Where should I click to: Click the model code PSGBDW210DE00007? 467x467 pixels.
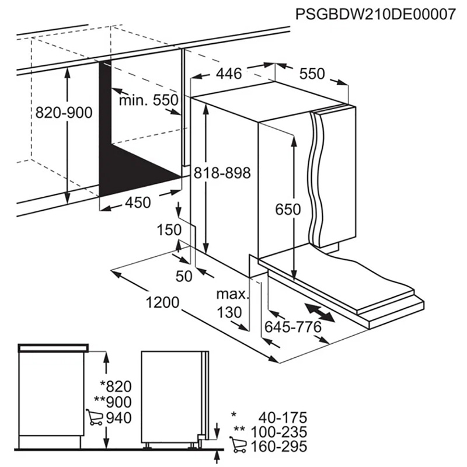[375, 14]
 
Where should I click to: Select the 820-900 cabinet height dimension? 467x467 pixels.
[64, 113]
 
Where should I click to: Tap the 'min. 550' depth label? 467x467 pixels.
[149, 100]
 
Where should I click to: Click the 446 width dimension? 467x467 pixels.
[229, 74]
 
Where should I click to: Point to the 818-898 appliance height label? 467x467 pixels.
[222, 173]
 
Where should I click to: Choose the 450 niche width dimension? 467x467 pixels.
[138, 203]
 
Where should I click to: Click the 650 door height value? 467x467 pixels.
[288, 210]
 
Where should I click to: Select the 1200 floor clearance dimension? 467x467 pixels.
[163, 302]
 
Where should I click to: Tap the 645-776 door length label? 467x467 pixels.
[294, 327]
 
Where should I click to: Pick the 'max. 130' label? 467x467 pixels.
[232, 304]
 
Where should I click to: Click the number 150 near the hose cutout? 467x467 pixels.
[169, 230]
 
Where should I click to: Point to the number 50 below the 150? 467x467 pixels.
[184, 276]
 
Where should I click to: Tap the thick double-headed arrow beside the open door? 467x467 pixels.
[319, 312]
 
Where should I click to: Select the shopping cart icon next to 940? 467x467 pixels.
[95, 417]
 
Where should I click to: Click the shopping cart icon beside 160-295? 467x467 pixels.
[238, 445]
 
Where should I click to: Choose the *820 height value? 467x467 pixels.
[116, 386]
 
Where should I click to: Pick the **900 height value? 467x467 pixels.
[113, 402]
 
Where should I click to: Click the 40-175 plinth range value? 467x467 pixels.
[283, 417]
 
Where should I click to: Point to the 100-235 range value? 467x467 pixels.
[279, 432]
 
